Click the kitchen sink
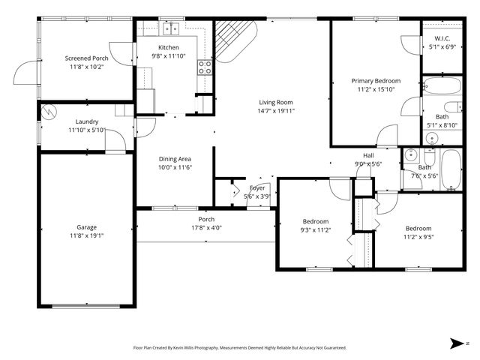click(172, 30)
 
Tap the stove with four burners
click(204, 68)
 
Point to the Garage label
click(86, 227)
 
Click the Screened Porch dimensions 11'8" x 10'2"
click(87, 67)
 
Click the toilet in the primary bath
click(452, 106)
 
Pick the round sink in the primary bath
click(432, 138)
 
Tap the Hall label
click(368, 155)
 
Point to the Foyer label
click(257, 187)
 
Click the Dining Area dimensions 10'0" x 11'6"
click(175, 167)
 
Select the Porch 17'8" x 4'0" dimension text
click(206, 228)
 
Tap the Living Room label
click(276, 102)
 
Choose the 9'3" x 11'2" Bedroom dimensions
click(316, 230)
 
